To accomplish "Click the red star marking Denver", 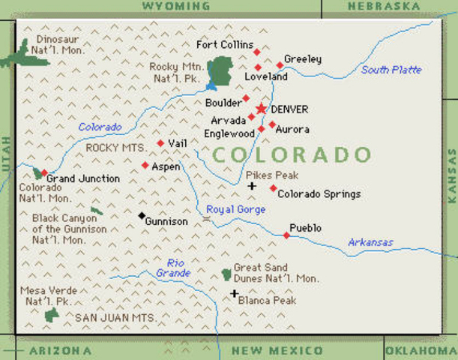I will (261, 109).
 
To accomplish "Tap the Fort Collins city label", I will (225, 45).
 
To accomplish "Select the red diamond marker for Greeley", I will (280, 64).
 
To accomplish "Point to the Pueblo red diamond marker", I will (286, 235).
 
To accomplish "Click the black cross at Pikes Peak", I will (252, 186).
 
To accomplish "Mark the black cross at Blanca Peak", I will (235, 294).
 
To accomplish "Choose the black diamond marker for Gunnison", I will (142, 216).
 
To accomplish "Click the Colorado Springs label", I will (319, 194).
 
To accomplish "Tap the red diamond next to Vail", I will (160, 142).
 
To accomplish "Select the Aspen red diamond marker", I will (145, 165).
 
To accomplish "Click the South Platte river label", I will (391, 70).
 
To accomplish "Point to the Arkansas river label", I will (370, 242).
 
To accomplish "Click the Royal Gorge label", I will (235, 209).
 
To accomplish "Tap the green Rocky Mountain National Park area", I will (219, 71).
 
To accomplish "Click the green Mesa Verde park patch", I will (52, 314).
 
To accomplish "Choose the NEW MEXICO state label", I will (277, 351).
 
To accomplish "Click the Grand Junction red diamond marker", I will (44, 173).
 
